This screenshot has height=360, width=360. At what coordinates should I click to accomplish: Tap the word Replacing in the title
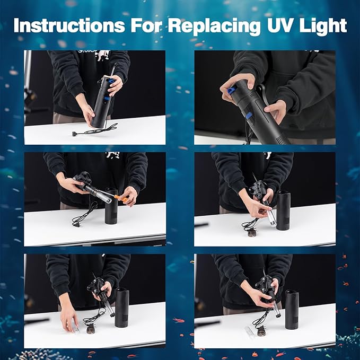pyautogui.click(x=207, y=25)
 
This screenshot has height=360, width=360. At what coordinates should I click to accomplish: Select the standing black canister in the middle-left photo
pyautogui.click(x=111, y=207)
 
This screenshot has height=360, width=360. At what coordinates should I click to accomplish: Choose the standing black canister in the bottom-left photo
pyautogui.click(x=122, y=308)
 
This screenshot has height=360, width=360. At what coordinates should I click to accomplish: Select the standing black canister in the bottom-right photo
pyautogui.click(x=292, y=309)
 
